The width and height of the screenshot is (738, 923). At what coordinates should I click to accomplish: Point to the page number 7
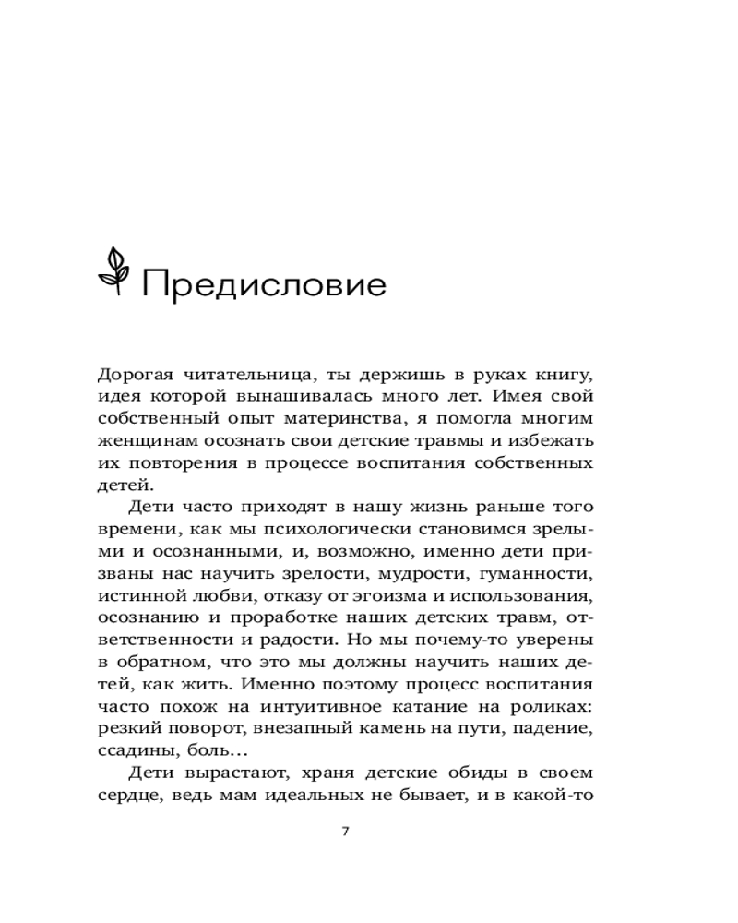coord(345,831)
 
